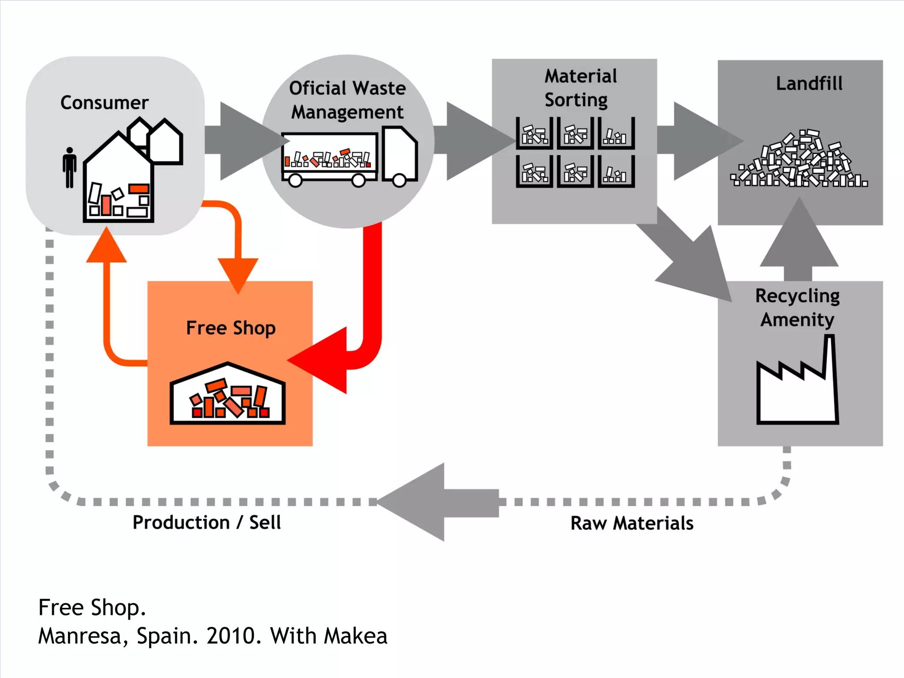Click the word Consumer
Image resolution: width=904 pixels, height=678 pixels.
[104, 102]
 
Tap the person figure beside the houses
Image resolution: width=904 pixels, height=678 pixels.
[69, 168]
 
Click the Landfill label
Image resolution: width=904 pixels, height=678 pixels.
[809, 83]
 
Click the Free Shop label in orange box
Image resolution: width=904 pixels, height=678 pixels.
[230, 328]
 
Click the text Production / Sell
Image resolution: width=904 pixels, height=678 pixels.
[207, 523]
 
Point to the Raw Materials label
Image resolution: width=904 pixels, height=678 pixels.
[632, 524]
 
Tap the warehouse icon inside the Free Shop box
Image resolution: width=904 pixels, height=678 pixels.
[227, 395]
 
